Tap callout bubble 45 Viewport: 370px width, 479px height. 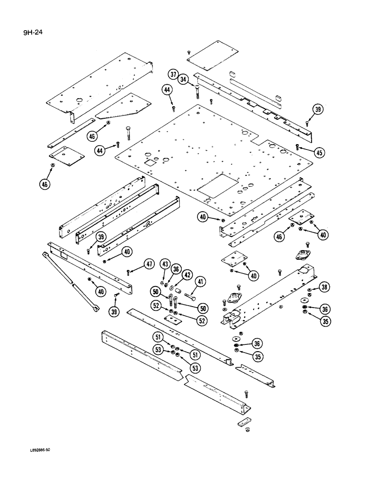pos(319,152)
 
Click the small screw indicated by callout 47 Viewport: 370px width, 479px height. pos(130,272)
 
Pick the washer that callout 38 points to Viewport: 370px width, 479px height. pos(311,290)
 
